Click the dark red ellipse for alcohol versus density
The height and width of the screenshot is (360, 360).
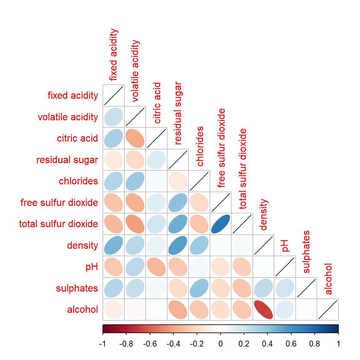263,309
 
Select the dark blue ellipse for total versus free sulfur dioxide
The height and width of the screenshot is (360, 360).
221,224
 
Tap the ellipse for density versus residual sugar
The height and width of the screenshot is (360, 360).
178,245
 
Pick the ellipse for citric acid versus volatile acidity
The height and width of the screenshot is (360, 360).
135,138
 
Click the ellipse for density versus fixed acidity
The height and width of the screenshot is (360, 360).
113,245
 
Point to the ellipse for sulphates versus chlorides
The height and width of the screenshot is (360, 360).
199,288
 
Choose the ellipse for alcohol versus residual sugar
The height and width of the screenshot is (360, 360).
178,309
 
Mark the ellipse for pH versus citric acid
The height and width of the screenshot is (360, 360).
156,267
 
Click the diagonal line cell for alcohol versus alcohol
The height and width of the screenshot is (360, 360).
328,309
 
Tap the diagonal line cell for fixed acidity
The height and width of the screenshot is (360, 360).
113,95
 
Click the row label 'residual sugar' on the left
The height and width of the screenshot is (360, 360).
67,160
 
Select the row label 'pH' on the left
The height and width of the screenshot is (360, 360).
92,267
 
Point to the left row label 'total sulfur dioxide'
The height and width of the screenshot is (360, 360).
58,224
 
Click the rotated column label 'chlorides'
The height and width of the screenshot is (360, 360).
200,146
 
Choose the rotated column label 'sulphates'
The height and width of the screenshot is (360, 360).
306,252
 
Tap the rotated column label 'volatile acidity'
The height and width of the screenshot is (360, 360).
135,71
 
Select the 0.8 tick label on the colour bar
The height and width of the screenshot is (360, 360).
314,344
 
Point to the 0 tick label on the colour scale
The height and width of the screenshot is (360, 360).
221,344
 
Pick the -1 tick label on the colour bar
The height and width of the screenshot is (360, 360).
102,344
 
